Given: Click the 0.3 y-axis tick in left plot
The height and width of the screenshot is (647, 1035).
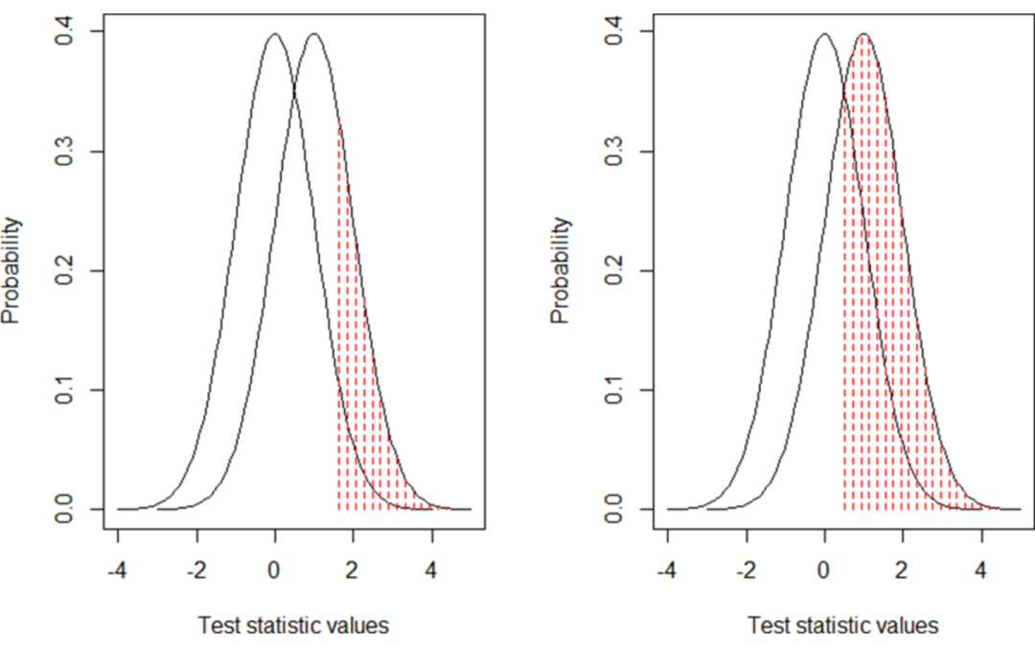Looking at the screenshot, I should (64, 151).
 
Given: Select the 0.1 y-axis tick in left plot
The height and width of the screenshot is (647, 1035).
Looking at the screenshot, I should (64, 390).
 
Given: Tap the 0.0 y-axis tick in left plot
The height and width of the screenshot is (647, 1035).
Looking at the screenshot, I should (64, 509).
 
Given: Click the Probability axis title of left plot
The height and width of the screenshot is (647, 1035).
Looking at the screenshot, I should (11, 271).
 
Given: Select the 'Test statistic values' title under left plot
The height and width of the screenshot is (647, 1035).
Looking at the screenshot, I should (293, 626).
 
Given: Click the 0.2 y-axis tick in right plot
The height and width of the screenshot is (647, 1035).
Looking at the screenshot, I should (614, 271).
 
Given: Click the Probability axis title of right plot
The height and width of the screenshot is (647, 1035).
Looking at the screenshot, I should (562, 271).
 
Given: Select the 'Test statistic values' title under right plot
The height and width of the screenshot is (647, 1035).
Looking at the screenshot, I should (843, 626).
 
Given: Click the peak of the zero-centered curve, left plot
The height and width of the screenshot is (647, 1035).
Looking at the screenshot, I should (275, 35).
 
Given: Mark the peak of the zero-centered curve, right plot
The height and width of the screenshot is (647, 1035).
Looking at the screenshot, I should (824, 35).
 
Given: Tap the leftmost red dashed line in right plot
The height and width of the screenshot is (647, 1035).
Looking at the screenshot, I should (844, 288).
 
